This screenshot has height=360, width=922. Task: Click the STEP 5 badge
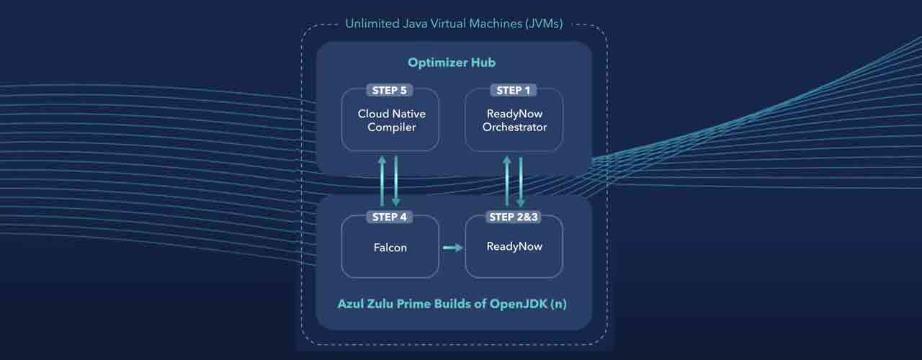(390, 91)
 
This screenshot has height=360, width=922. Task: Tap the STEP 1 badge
(514, 91)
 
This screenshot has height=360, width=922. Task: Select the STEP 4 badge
(390, 217)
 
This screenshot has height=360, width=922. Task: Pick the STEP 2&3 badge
(514, 217)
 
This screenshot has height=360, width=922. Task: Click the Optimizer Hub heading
(452, 63)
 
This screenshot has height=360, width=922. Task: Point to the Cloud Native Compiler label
(391, 120)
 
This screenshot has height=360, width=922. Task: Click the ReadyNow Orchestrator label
(514, 120)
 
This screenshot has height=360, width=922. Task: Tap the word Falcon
(390, 248)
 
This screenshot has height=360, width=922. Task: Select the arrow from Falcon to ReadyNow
(452, 248)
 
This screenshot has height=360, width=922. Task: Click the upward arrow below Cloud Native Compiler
(383, 180)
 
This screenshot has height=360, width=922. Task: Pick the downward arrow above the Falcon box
(395, 180)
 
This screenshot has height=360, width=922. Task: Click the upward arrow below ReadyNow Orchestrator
(507, 180)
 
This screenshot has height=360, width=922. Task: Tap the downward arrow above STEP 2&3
(520, 180)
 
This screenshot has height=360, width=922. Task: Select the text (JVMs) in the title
(544, 24)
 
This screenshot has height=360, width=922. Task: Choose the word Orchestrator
(514, 127)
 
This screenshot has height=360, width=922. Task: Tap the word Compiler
(391, 127)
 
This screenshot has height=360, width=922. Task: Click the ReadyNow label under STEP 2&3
(514, 246)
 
